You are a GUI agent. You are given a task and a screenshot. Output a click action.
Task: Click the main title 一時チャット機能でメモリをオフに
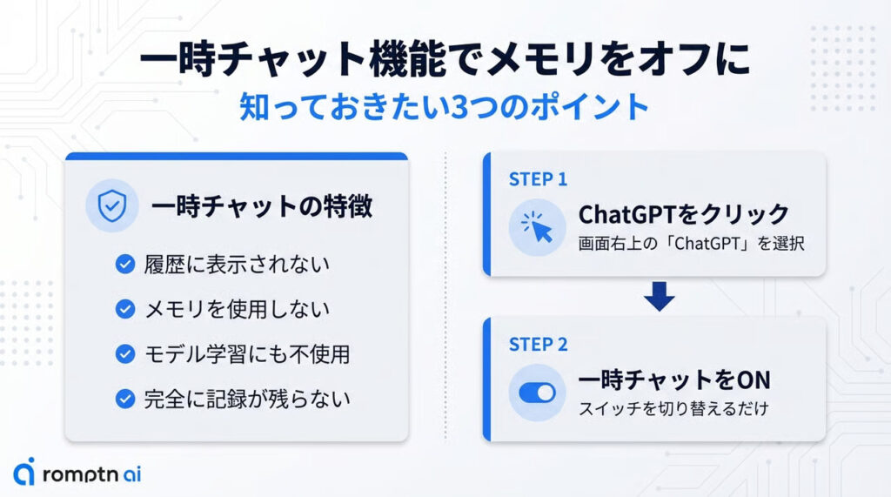[x=445, y=58]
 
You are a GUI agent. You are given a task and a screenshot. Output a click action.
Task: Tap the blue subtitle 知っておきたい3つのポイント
[x=445, y=107]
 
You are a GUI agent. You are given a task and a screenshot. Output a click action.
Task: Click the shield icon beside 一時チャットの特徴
[x=112, y=205]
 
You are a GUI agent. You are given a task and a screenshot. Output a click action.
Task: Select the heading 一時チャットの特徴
[x=262, y=206]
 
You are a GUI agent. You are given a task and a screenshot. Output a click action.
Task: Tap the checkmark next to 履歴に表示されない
[x=125, y=264]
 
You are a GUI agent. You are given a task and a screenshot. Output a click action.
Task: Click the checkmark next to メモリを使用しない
[x=125, y=309]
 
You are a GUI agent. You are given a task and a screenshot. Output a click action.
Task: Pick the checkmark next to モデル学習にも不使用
[x=125, y=353]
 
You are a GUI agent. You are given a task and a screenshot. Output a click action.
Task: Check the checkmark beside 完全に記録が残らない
[x=125, y=399]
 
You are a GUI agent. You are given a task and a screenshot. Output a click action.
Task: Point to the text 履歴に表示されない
[x=237, y=265]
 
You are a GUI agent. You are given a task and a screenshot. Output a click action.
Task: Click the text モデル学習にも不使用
[x=247, y=354]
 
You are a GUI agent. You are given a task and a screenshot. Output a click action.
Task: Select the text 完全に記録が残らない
[x=247, y=400]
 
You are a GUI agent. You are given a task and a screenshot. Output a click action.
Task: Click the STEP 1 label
[x=538, y=179]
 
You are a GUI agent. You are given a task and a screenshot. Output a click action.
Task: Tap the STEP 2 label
[x=538, y=345]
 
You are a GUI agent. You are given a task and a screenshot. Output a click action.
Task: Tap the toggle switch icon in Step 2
[x=537, y=393]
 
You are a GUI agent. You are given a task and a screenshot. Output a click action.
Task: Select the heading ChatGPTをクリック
[x=684, y=214]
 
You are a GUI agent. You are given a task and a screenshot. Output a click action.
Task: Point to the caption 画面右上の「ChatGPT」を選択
[x=692, y=244]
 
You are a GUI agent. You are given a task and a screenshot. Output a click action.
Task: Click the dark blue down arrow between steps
[x=660, y=296]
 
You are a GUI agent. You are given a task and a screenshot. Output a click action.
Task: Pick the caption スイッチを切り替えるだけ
[x=673, y=408]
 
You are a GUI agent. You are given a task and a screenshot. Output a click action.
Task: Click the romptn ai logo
[x=77, y=472]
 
